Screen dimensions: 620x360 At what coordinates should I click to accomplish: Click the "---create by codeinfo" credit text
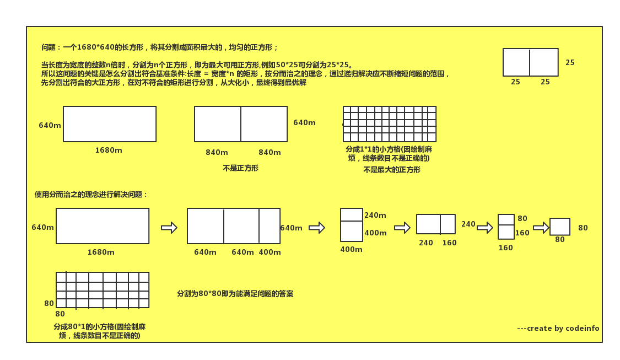tap(558, 329)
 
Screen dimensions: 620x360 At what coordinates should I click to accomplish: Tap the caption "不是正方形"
tap(240, 168)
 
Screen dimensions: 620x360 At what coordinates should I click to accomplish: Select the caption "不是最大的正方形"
tap(391, 170)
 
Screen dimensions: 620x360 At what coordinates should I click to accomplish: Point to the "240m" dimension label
tap(375, 216)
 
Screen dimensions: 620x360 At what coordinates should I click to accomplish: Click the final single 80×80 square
tap(559, 227)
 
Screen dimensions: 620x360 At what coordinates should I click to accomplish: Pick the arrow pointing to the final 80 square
tap(541, 228)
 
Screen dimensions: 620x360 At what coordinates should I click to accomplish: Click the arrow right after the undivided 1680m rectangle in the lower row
tap(169, 228)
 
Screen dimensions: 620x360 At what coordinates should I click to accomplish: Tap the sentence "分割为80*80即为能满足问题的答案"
tap(235, 294)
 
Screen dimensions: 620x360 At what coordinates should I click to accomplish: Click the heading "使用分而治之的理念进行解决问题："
tap(91, 195)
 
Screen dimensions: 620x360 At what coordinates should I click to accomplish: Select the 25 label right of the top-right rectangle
tap(570, 63)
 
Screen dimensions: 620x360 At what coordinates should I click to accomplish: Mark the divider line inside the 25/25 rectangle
tap(530, 62)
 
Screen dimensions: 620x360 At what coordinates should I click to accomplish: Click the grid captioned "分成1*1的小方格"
tap(389, 124)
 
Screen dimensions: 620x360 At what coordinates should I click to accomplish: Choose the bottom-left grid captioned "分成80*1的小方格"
tap(103, 290)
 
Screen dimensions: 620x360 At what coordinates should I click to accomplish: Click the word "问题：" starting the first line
tap(51, 47)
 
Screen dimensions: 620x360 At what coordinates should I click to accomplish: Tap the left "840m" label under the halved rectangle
tap(217, 153)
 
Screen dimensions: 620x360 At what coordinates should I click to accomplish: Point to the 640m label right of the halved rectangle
tap(304, 122)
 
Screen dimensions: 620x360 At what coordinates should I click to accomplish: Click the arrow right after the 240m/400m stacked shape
tap(402, 228)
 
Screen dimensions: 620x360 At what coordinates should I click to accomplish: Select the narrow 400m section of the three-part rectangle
tap(269, 226)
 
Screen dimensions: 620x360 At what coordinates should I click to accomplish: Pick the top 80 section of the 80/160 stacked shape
tap(506, 219)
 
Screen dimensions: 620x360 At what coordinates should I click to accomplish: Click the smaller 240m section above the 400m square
tap(351, 214)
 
